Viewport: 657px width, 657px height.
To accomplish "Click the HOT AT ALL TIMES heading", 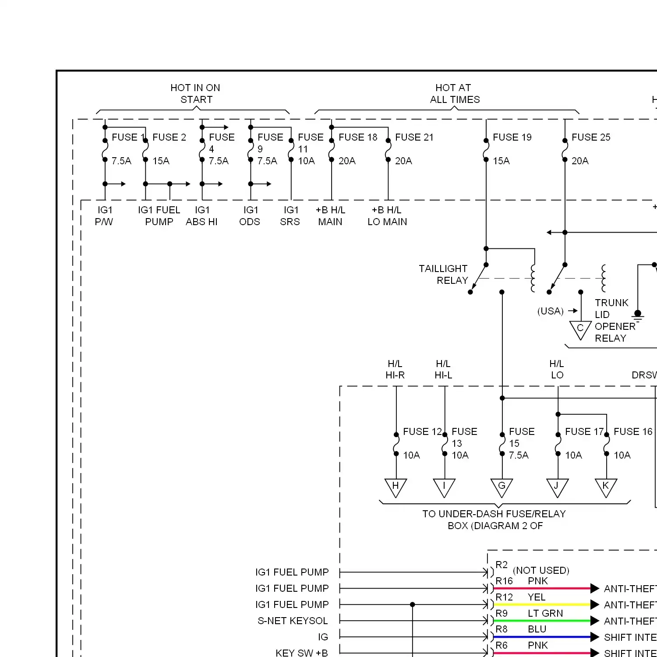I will (454, 94).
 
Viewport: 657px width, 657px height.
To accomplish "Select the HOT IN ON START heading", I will (195, 94).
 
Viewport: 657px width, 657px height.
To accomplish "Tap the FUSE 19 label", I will (512, 138).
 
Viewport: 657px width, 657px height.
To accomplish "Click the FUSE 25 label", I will (590, 138).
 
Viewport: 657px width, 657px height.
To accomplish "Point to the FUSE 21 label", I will (414, 138).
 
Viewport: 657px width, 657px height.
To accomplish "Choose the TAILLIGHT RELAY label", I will (443, 275).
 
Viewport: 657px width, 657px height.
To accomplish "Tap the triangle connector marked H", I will (396, 487).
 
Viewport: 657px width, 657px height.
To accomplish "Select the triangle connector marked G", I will (502, 487).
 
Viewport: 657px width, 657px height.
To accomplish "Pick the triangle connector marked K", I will (606, 487).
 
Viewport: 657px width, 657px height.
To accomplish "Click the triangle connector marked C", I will (580, 329).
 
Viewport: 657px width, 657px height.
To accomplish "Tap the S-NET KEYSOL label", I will (293, 621).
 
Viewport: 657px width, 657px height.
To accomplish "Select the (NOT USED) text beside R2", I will (541, 570).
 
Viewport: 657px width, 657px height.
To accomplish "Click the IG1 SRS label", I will (290, 216).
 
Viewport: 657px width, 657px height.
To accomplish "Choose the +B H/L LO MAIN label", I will (387, 216).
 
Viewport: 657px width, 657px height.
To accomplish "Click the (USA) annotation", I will (551, 311).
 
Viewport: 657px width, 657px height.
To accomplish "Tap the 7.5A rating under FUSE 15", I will (519, 456).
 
